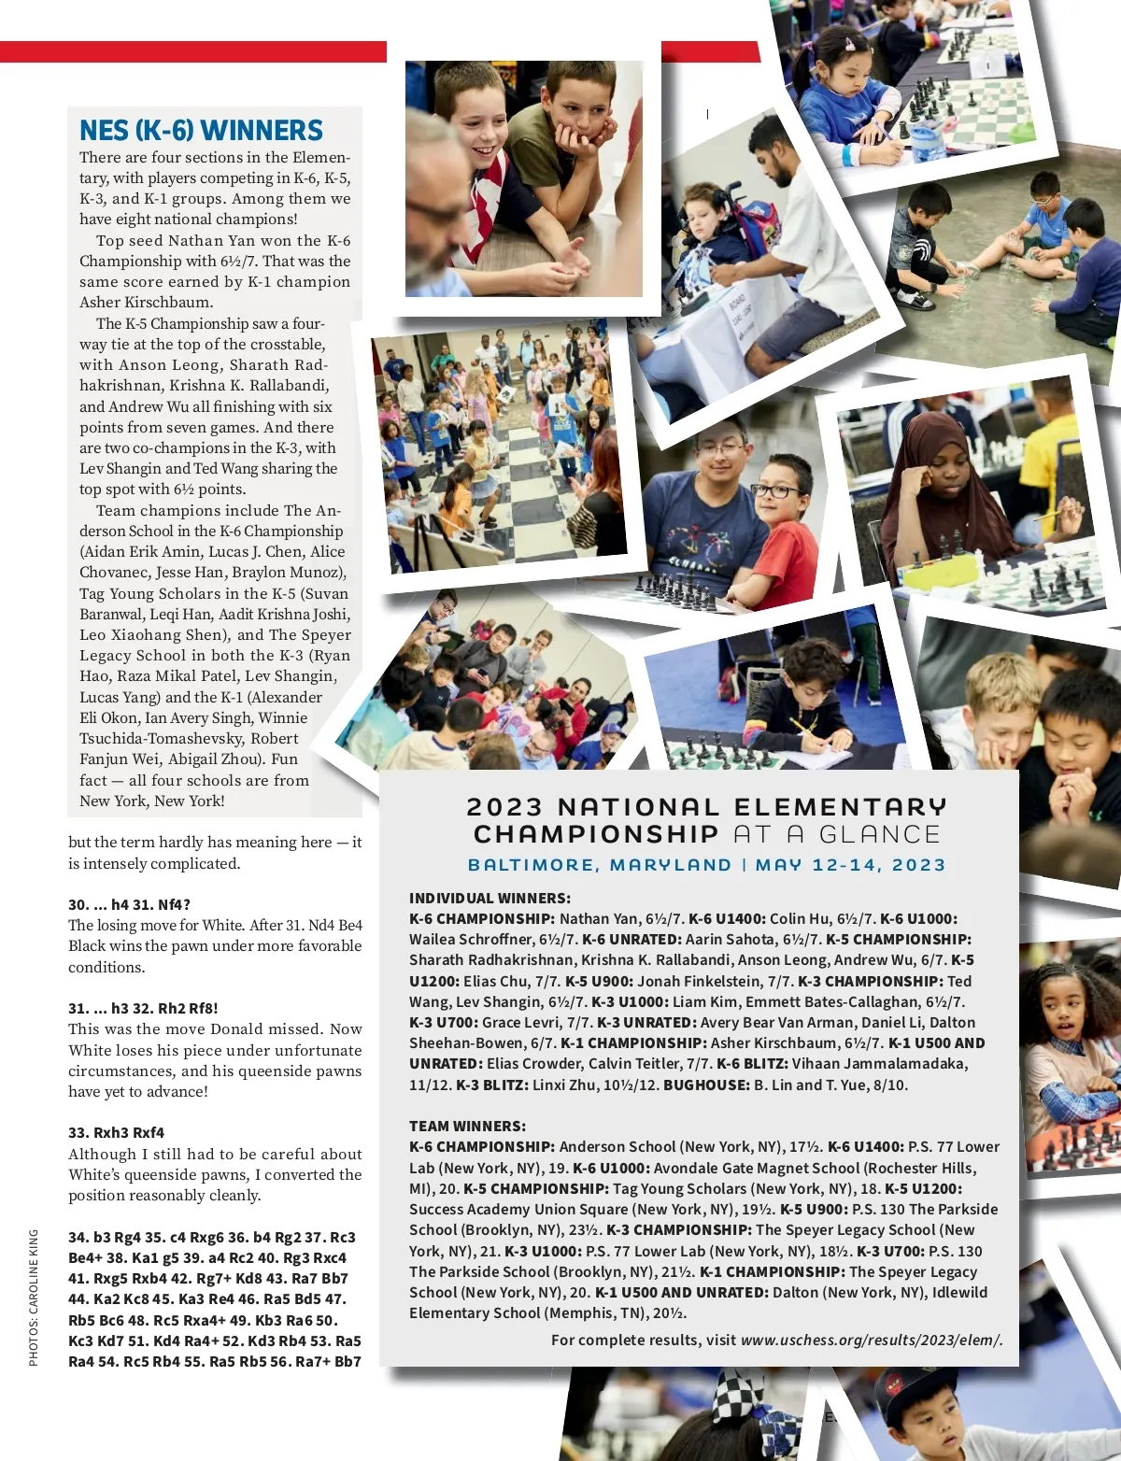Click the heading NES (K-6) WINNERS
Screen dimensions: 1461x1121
pyautogui.click(x=201, y=131)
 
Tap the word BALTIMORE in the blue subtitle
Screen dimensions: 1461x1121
pyautogui.click(x=531, y=865)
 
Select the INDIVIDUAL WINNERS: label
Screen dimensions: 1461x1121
pyautogui.click(x=490, y=898)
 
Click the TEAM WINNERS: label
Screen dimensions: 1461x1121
pyautogui.click(x=467, y=1126)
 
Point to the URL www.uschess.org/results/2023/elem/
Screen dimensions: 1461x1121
pyautogui.click(x=871, y=1340)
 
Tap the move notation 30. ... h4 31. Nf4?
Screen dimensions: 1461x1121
pyautogui.click(x=129, y=904)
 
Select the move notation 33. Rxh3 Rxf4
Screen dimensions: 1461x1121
pyautogui.click(x=116, y=1132)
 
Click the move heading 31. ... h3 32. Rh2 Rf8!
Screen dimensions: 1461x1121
pyautogui.click(x=143, y=1008)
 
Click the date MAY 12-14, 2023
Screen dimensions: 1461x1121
pyautogui.click(x=850, y=865)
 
